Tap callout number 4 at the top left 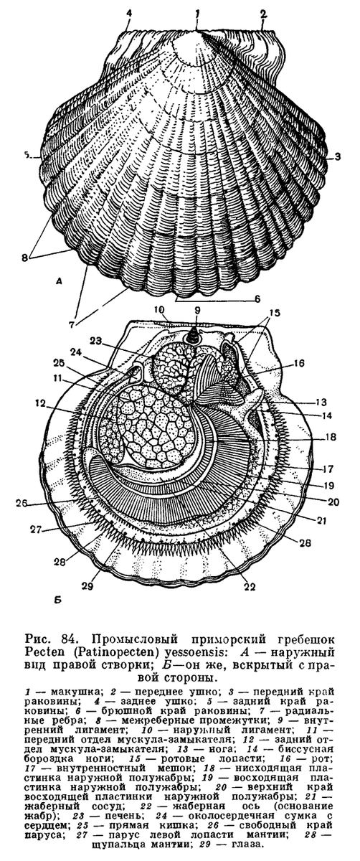[129, 13]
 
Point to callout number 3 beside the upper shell [337, 156]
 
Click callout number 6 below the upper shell [257, 298]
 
